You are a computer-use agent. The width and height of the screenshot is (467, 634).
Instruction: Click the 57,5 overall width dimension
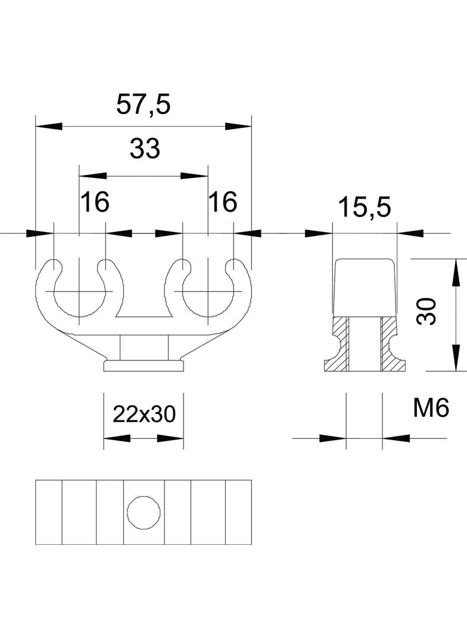tap(143, 105)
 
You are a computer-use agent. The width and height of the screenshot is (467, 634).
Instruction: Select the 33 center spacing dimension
tap(145, 149)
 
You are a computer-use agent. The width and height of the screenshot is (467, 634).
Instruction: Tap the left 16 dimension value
tap(95, 202)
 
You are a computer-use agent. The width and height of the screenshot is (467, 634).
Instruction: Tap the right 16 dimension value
tap(222, 202)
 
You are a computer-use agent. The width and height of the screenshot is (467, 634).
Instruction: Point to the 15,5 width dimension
tap(364, 208)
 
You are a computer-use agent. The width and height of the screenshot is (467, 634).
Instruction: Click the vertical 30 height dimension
tap(426, 311)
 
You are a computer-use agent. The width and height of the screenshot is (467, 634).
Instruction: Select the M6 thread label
tap(429, 408)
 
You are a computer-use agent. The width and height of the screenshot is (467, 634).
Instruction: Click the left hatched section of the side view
tap(340, 345)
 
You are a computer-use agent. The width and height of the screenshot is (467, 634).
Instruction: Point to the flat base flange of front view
tap(144, 365)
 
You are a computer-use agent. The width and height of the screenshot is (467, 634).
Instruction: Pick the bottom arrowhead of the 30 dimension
tap(456, 359)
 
